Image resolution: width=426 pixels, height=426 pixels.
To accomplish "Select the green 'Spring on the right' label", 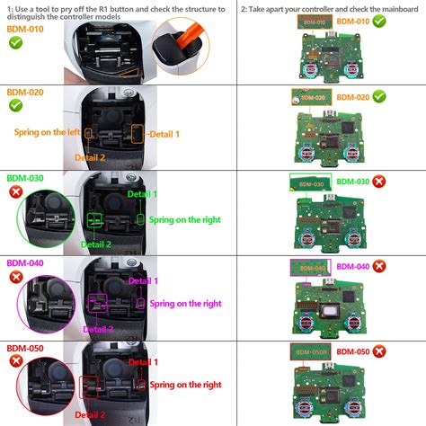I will (x=184, y=219).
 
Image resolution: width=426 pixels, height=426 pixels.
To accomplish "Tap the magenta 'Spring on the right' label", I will (x=185, y=304).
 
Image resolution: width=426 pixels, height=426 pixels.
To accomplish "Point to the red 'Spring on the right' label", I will (x=185, y=385).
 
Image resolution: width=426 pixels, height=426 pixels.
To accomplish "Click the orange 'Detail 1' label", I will (x=164, y=135).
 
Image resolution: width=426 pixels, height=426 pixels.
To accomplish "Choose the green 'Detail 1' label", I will (x=142, y=194).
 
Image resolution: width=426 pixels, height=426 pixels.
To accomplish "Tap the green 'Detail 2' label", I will (x=96, y=244).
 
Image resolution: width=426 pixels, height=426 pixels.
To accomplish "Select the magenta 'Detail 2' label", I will (x=100, y=330).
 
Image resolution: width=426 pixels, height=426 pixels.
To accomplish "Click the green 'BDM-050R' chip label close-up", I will (x=311, y=351).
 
